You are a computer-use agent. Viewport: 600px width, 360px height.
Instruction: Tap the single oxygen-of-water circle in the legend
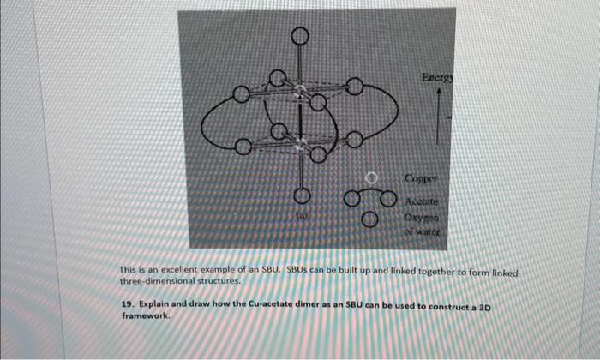pos(369,219)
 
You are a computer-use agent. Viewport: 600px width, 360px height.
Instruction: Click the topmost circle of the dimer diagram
pos(299,36)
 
